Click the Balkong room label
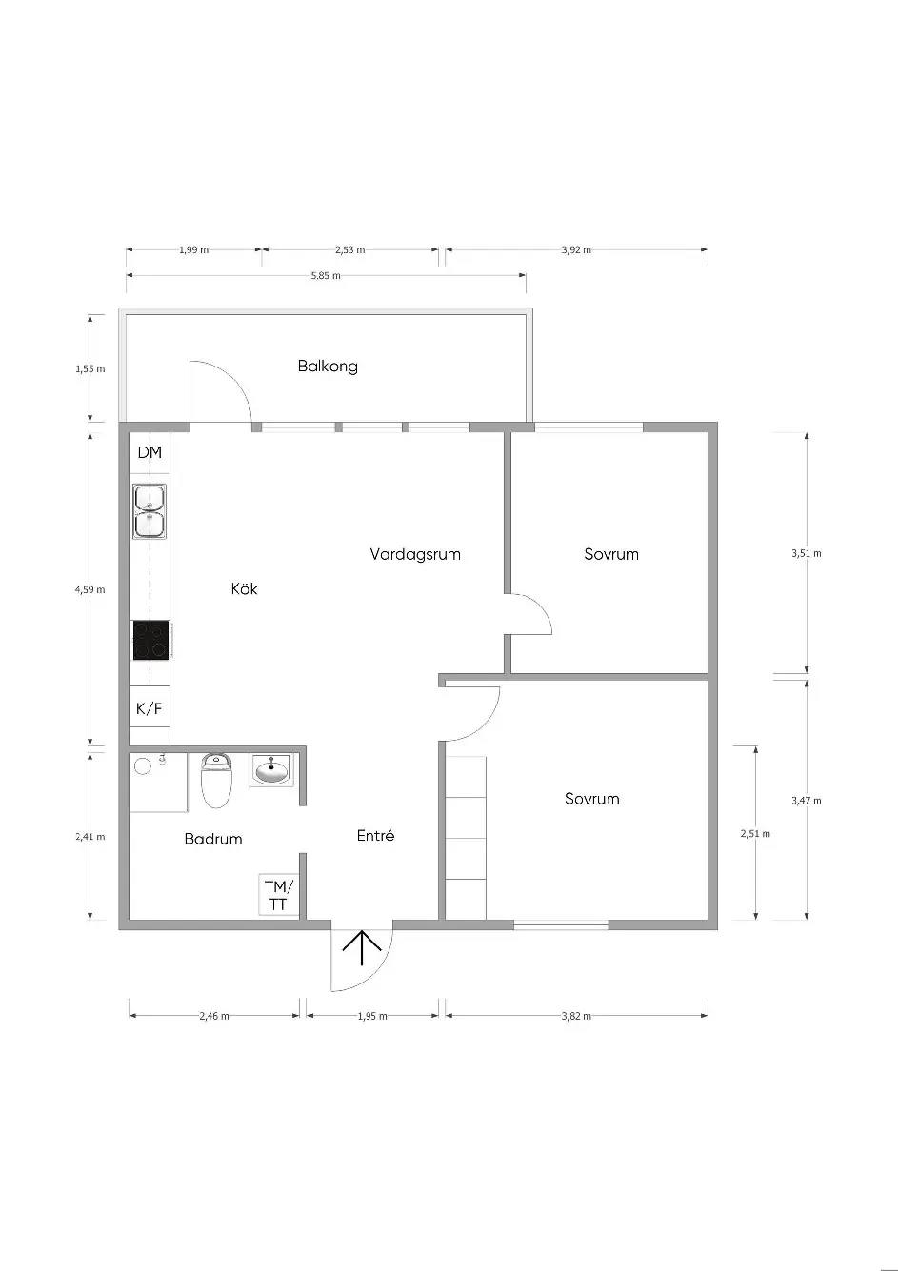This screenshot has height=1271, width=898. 328,366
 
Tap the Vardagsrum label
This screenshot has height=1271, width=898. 415,554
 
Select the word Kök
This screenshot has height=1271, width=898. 244,588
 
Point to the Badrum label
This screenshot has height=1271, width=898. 213,839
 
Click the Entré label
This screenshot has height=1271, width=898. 376,835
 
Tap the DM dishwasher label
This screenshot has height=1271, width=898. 150,452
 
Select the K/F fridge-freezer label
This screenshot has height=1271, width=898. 150,707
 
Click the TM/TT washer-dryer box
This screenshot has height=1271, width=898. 279,894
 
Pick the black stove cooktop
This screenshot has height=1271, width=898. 151,640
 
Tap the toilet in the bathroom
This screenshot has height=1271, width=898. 217,780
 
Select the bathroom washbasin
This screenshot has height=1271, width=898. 272,770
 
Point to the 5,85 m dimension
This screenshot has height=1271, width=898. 326,276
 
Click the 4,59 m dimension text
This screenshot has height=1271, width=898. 90,589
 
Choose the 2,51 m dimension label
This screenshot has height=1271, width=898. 755,833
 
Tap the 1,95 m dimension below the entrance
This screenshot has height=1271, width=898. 372,1016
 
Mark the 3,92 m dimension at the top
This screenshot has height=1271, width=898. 576,249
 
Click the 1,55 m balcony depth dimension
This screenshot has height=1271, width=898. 90,368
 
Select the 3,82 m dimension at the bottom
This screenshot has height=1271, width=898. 576,1016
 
